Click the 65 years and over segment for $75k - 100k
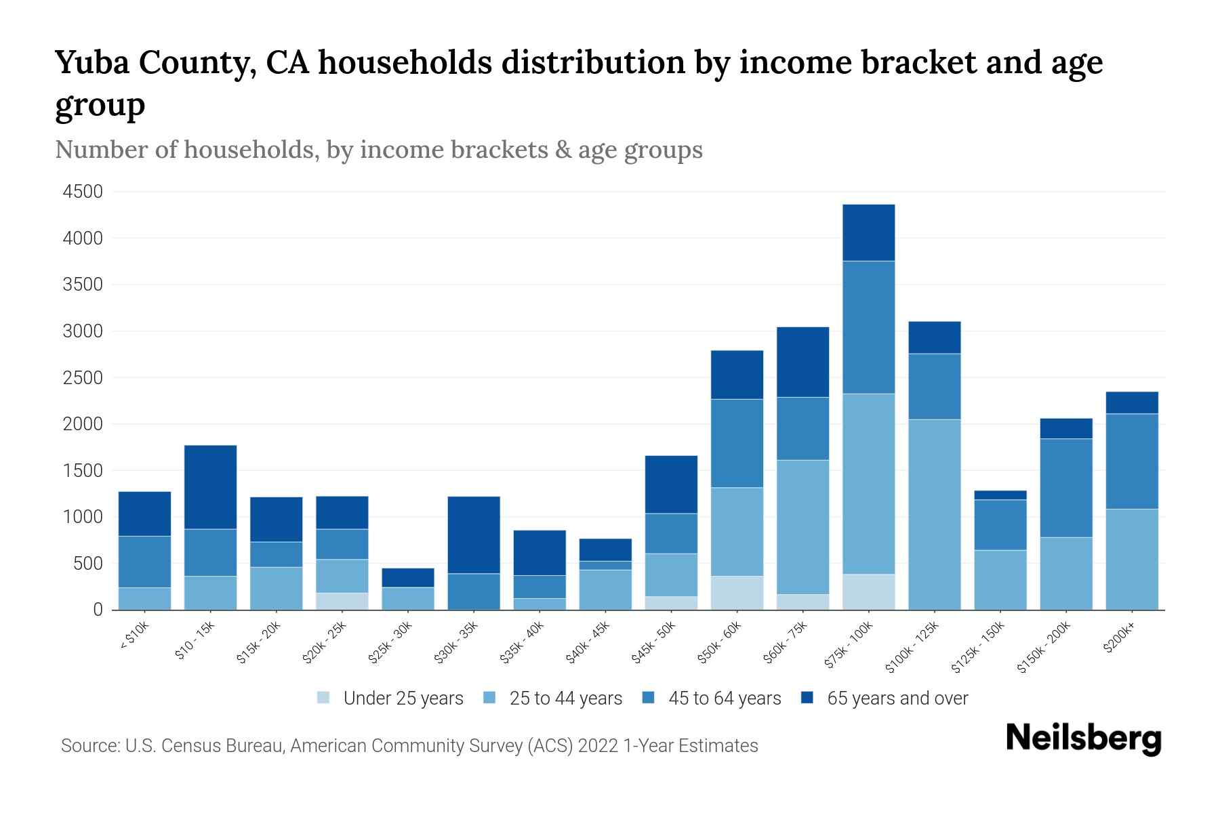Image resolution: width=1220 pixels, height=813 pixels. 868,232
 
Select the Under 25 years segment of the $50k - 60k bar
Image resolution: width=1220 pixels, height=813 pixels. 737,593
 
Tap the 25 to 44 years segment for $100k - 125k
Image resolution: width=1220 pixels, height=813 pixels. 934,514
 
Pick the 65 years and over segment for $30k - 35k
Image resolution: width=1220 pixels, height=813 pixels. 474,535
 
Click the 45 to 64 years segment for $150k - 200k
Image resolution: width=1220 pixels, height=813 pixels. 1066,488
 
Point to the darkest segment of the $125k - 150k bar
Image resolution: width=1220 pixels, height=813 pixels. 1000,495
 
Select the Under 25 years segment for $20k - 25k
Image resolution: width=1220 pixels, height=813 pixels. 342,602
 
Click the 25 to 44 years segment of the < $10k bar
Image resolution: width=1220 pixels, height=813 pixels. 144,598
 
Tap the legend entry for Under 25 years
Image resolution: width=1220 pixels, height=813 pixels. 390,699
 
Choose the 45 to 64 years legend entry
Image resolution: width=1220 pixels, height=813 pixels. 712,699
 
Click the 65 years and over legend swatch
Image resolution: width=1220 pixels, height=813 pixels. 807,698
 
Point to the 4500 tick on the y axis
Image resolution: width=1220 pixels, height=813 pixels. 83,192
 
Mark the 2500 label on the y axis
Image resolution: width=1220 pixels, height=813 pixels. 83,378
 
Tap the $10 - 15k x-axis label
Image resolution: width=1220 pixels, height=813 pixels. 195,641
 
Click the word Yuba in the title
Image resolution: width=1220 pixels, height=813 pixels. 93,62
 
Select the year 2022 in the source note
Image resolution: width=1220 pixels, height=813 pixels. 598,746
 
